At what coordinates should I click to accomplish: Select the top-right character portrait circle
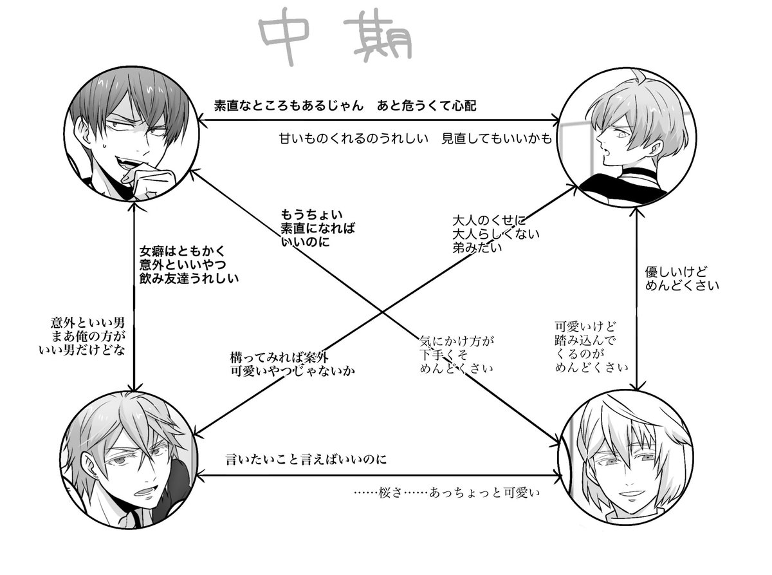click(622, 138)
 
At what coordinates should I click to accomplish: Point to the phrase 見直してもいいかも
click(497, 138)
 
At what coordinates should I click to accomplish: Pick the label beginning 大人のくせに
click(495, 233)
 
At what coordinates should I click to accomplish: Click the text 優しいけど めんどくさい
click(681, 278)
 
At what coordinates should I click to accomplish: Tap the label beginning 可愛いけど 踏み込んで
click(585, 346)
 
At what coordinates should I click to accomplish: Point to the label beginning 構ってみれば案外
click(292, 364)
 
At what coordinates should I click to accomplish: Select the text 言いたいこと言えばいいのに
click(306, 460)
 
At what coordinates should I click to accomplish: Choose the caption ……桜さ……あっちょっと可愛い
click(445, 493)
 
